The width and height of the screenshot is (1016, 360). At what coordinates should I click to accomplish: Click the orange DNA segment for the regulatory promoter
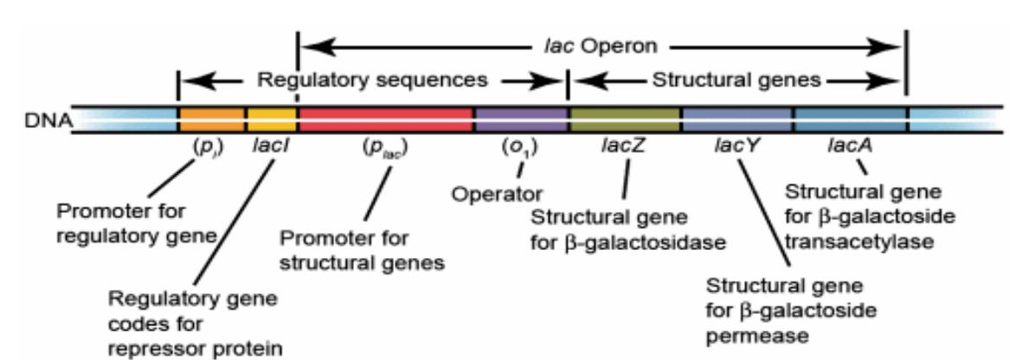tap(212, 120)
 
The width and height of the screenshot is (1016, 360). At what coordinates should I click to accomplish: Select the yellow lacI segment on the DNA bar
tap(271, 120)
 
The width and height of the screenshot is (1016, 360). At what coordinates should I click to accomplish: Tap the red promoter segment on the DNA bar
tap(385, 120)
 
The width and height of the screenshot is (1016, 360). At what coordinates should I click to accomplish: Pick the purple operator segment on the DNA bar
tap(520, 120)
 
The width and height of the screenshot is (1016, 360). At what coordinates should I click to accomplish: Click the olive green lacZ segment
tap(624, 120)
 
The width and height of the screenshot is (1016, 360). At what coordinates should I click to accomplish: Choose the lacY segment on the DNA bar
tap(736, 120)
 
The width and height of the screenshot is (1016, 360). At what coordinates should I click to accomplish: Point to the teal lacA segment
tap(849, 120)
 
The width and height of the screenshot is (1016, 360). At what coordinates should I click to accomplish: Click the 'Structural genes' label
tap(736, 80)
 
